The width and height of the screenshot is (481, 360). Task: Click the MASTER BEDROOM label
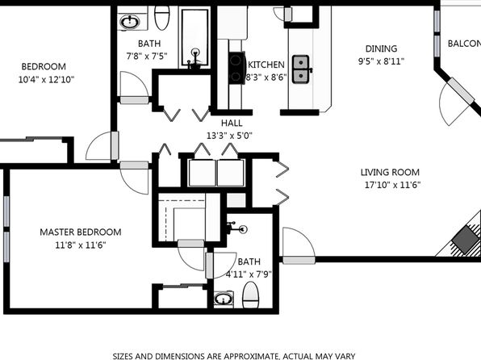[81, 232]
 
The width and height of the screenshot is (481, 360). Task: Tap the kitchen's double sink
[300, 69]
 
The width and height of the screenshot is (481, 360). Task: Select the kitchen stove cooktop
[236, 68]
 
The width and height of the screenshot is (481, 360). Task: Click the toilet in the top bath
[162, 18]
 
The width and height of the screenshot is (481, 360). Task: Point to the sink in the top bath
[130, 22]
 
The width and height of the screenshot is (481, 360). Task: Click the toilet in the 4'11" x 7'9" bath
[251, 295]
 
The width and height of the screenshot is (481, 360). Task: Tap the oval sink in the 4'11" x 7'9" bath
[224, 299]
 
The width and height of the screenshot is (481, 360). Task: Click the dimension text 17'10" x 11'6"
[392, 185]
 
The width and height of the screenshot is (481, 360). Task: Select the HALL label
[232, 123]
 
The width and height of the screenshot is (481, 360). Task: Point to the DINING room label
[381, 48]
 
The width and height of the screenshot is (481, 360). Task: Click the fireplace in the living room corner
[465, 238]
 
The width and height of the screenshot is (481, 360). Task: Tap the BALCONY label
[464, 44]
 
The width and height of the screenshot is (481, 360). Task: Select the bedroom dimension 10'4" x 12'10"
[46, 80]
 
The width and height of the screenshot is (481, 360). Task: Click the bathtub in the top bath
[194, 37]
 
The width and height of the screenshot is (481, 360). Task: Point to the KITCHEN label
[266, 65]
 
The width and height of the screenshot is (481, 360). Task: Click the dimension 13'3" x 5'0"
[229, 136]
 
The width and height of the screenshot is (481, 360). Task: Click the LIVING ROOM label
[390, 172]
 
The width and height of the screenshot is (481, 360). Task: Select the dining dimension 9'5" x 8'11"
[381, 61]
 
